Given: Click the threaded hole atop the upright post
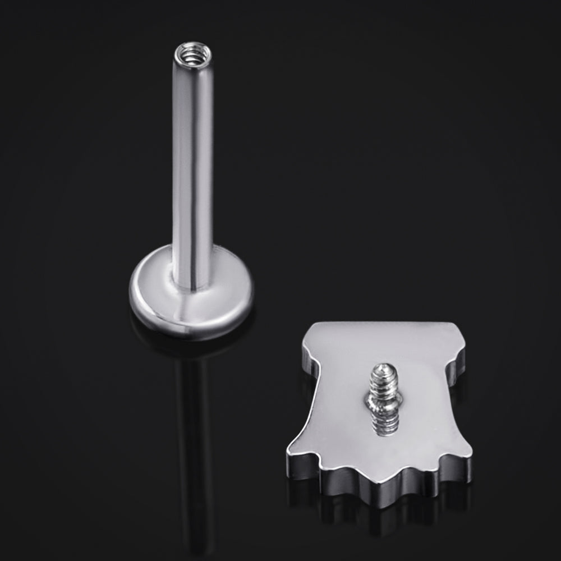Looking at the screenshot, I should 192,54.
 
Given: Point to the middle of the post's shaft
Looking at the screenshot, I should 192,168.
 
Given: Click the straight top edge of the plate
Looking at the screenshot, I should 381,324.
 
